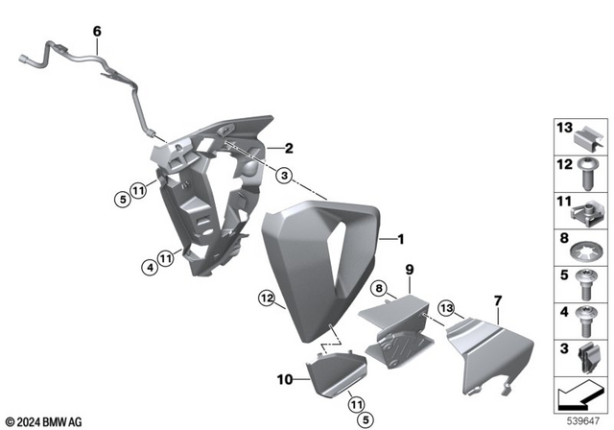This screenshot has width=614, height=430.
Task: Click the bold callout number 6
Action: (x=96, y=32)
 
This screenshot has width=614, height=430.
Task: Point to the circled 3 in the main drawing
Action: (x=284, y=176)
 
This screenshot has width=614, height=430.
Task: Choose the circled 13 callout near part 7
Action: (x=445, y=306)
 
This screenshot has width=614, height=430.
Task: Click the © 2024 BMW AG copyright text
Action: (x=43, y=420)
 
